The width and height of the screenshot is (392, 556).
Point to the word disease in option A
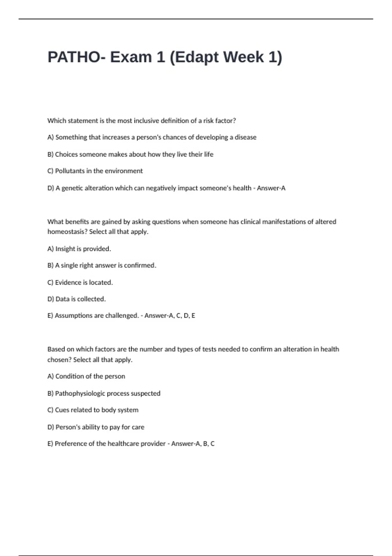tap(245, 137)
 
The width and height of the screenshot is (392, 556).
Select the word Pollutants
tap(70, 171)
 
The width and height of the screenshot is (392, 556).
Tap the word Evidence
tap(68, 283)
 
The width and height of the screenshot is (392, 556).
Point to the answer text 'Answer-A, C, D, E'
tap(170, 316)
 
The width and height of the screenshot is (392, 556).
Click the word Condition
tap(70, 376)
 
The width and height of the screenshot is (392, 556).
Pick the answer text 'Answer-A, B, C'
tap(193, 444)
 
